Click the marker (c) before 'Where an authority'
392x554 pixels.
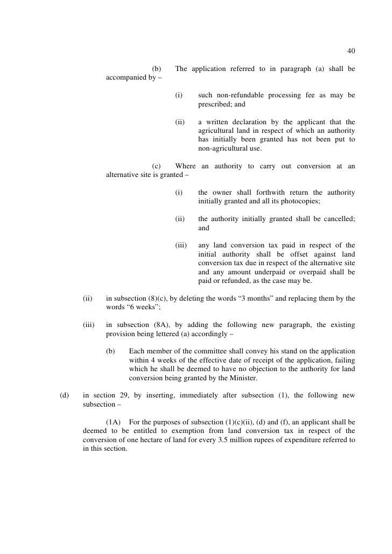(157, 166)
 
